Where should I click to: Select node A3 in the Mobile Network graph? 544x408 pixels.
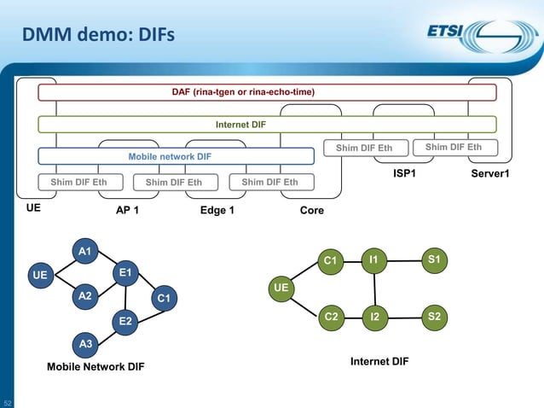point(84,344)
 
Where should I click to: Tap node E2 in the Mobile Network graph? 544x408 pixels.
point(124,321)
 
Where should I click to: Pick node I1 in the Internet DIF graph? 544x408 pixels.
point(373,258)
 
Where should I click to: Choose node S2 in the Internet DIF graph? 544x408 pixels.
point(435,317)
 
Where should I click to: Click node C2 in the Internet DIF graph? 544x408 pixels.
point(331,317)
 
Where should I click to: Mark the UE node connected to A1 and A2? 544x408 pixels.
point(39,276)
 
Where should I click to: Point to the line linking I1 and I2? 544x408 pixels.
point(373,288)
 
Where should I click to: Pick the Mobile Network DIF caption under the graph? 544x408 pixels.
point(95,367)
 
